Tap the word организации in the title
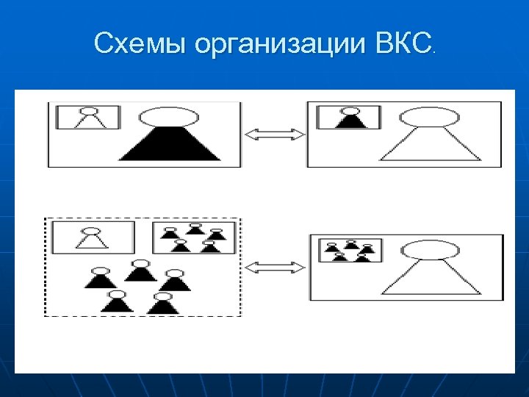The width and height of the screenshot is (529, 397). tap(278, 46)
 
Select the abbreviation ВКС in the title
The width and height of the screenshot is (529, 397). tap(401, 45)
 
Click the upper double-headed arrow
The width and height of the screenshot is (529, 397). tap(274, 134)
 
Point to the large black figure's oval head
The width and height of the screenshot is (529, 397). tap(169, 117)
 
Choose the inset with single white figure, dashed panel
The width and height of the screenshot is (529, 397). tap(93, 237)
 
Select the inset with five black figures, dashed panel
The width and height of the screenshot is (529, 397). tap(194, 237)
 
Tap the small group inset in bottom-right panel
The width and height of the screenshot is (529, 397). tap(350, 250)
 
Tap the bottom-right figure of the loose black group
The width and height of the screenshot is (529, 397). tap(162, 302)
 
